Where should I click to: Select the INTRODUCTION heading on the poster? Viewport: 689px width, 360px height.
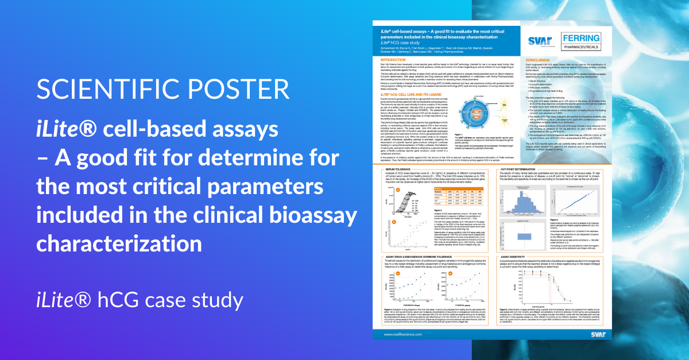[390, 59]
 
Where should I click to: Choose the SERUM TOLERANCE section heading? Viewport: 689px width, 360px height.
[393, 169]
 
